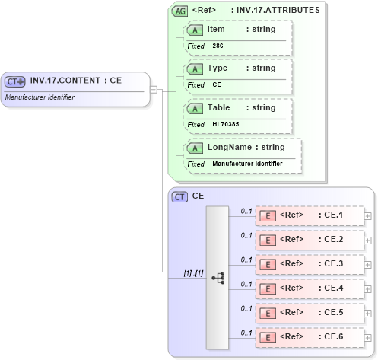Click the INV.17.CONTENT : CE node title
pos(76,81)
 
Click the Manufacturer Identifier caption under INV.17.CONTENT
pos(40,97)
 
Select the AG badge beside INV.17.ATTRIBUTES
pos(180,11)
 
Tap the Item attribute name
pos(216,29)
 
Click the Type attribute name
pos(218,68)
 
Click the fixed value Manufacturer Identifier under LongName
pos(247,164)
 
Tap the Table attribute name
pos(219,107)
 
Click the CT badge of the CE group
pos(180,196)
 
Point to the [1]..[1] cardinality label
pos(193,272)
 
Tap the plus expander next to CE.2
pos(368,240)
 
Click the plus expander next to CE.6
pos(368,336)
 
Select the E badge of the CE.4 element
pos(268,288)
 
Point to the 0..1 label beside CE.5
pos(246,307)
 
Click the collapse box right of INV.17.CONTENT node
pos(154,89)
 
